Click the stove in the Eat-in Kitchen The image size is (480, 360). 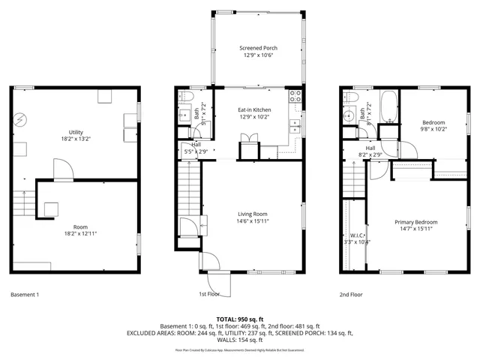point(295,96)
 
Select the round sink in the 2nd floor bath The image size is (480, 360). point(348,116)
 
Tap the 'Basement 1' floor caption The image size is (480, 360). point(25,295)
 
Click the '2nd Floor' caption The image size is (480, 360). point(351,295)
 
